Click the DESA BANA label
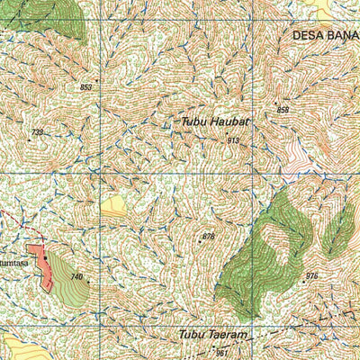[x=325, y=35]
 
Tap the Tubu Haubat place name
[x=214, y=120]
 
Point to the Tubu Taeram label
[x=212, y=335]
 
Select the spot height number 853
[x=86, y=87]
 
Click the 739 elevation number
[x=37, y=132]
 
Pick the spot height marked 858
[x=283, y=110]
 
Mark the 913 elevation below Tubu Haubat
[x=233, y=140]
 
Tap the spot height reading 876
[x=209, y=236]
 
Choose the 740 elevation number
[x=76, y=276]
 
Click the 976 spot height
[x=312, y=275]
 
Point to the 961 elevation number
[x=222, y=353]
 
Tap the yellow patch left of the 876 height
[x=113, y=208]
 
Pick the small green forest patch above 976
[x=338, y=229]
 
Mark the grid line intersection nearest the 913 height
[x=252, y=172]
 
